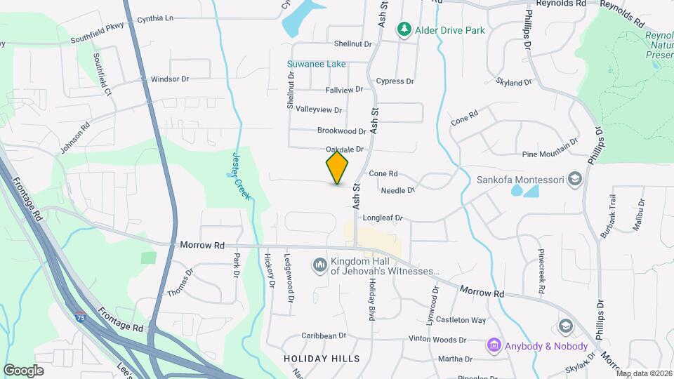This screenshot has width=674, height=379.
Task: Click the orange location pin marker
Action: tap(338, 168)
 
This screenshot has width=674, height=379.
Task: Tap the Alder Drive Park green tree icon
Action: tap(404, 30)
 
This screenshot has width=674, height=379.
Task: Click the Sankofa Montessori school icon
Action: tap(575, 180)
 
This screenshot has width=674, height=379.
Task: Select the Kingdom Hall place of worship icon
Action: tap(319, 265)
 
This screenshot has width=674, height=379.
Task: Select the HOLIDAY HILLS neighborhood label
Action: tap(322, 359)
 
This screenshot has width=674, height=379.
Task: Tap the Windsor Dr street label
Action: tap(170, 79)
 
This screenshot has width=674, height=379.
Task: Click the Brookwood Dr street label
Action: tap(342, 131)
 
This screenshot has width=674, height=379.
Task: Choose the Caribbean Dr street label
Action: tap(324, 336)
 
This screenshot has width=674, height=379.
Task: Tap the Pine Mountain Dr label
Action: tap(550, 154)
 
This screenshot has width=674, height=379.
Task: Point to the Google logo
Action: tap(23, 370)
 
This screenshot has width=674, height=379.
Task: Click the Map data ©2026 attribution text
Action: tap(645, 373)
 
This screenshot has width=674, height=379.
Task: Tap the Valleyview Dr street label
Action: tap(319, 110)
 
